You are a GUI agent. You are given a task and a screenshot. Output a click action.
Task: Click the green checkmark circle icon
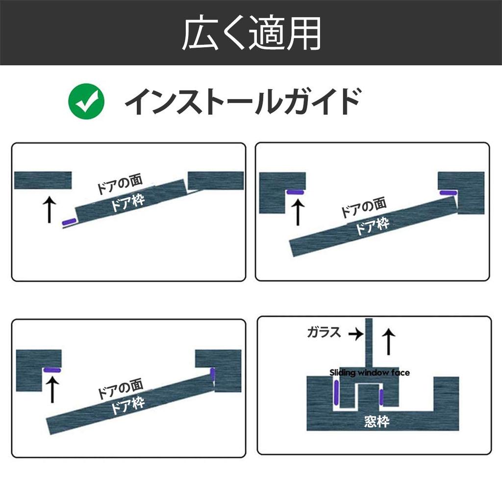coord(86,101)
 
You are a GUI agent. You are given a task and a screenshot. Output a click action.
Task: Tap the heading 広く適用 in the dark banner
coord(251,33)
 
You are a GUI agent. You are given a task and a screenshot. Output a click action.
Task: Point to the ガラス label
coord(324,332)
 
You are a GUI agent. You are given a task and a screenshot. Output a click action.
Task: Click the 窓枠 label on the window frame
coord(376,421)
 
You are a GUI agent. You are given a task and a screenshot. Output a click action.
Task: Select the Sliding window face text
coord(370,373)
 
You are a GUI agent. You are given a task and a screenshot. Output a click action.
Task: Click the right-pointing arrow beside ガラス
coord(356,334)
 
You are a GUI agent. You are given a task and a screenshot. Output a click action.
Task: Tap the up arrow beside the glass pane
coord(389,342)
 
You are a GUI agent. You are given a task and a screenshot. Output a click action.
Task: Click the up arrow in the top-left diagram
coord(50,210)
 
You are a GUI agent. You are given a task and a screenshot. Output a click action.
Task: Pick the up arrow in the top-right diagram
coord(298,212)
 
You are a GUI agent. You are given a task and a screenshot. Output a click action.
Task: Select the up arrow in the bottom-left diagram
coord(52,390)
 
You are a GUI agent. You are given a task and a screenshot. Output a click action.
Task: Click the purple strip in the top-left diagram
coord(70,222)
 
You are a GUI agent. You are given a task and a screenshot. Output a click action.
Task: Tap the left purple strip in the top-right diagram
coord(295,192)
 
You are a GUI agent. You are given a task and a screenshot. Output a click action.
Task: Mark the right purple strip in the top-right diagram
coord(448,193)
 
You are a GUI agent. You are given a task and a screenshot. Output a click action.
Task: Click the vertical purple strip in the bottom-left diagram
coord(212,374)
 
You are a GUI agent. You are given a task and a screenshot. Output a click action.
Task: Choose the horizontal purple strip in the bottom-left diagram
coord(52,370)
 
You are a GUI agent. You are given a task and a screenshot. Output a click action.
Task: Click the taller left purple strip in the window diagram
coord(336,392)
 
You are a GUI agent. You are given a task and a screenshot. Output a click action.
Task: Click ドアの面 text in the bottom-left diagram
coord(121,388)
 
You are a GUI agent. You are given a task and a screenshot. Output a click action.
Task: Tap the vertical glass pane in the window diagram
coord(369,343)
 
